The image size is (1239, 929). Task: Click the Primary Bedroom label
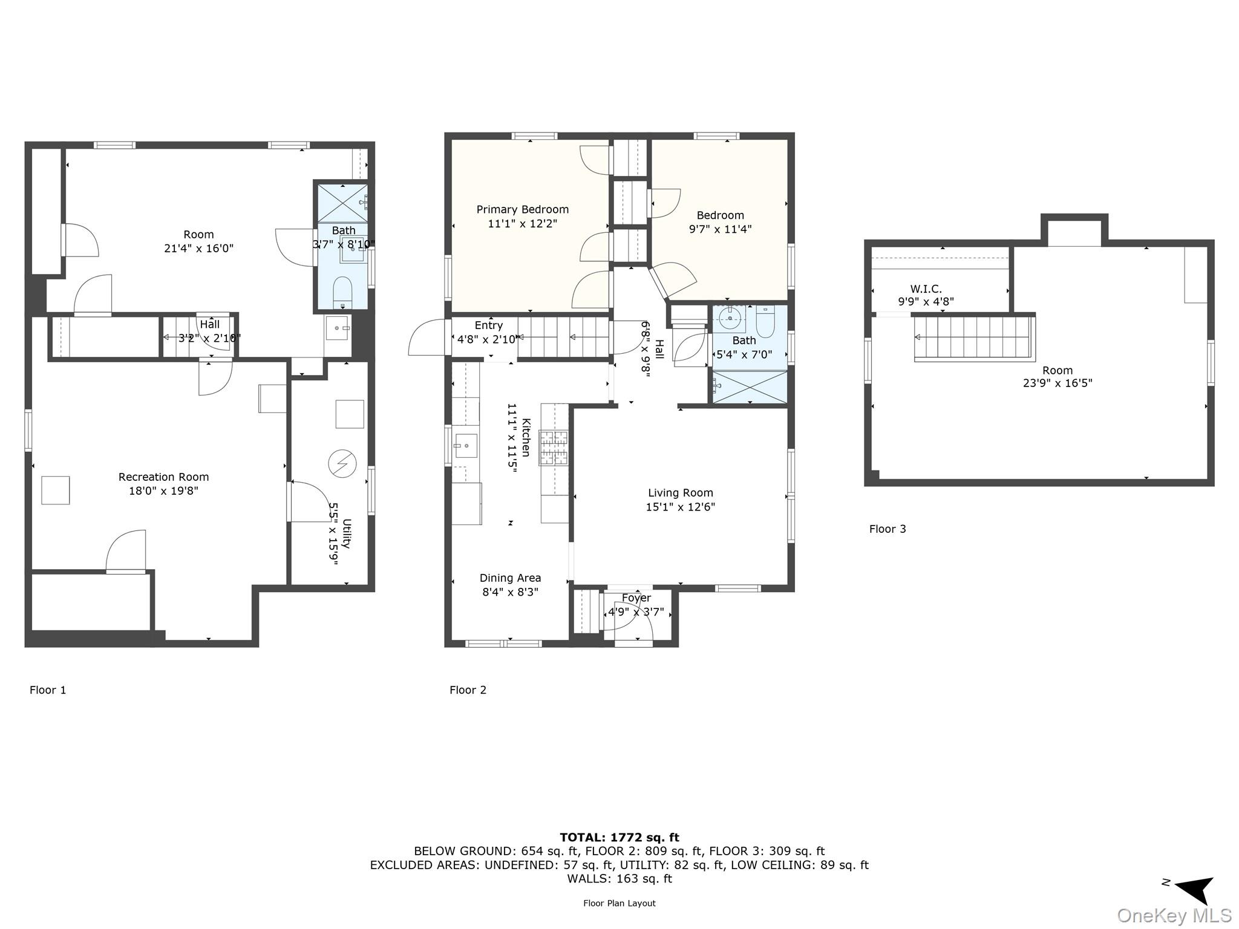coord(522,210)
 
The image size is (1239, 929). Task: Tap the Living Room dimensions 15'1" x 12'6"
coord(680,507)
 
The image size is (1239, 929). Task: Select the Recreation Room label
coord(163,477)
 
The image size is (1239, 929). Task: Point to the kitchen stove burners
coord(554,448)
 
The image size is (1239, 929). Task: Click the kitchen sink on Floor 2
coord(465,446)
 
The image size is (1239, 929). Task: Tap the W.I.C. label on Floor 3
coord(926,289)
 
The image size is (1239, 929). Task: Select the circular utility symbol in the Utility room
coord(342,464)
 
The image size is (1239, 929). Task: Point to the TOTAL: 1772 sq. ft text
coord(619,838)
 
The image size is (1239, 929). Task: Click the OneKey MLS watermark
coord(1174,915)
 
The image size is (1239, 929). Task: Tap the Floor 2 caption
coord(468,690)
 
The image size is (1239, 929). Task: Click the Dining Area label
coord(510,578)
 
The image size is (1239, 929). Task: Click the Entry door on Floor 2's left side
coord(428,337)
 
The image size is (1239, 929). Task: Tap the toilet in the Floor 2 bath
coord(765,322)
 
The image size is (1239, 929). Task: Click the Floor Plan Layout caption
coord(619,903)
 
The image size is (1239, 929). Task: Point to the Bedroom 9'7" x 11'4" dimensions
coord(720,229)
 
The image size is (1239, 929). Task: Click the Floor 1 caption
coord(48,690)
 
